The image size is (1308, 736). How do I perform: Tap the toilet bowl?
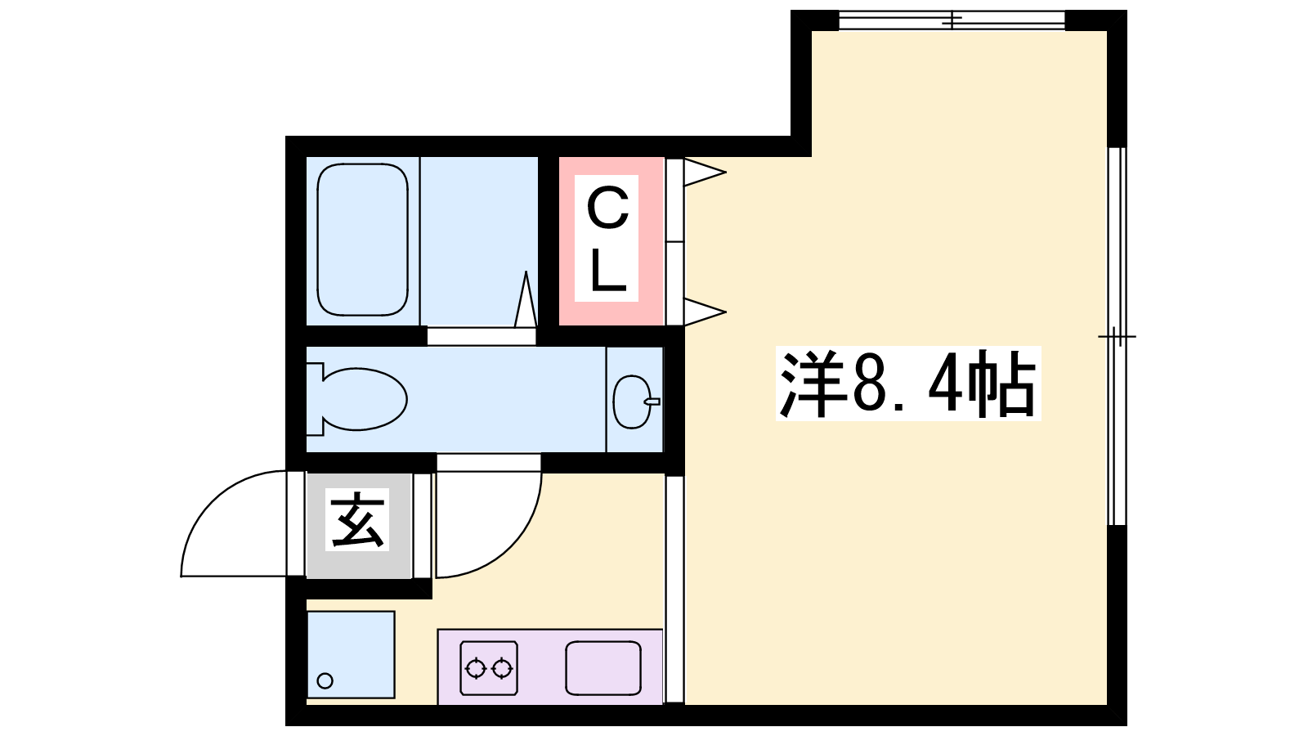(357, 399)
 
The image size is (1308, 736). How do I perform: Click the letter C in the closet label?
(607, 209)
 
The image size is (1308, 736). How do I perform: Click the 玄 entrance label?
(357, 519)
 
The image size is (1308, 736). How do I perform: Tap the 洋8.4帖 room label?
(908, 384)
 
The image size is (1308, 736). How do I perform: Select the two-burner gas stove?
(489, 668)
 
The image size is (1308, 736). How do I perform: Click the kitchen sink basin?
(603, 668)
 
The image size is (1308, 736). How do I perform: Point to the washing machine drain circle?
(325, 680)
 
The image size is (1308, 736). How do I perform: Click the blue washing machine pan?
(351, 655)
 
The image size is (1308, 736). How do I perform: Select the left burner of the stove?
(476, 668)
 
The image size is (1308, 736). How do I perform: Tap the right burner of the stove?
(502, 668)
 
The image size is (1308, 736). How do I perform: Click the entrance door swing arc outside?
(212, 500)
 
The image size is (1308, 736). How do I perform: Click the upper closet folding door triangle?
(704, 173)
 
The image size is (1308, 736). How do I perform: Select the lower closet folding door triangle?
(704, 312)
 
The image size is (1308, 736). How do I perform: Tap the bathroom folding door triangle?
(526, 298)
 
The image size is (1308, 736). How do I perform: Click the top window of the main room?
(952, 20)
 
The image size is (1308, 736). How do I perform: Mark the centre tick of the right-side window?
(1117, 336)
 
